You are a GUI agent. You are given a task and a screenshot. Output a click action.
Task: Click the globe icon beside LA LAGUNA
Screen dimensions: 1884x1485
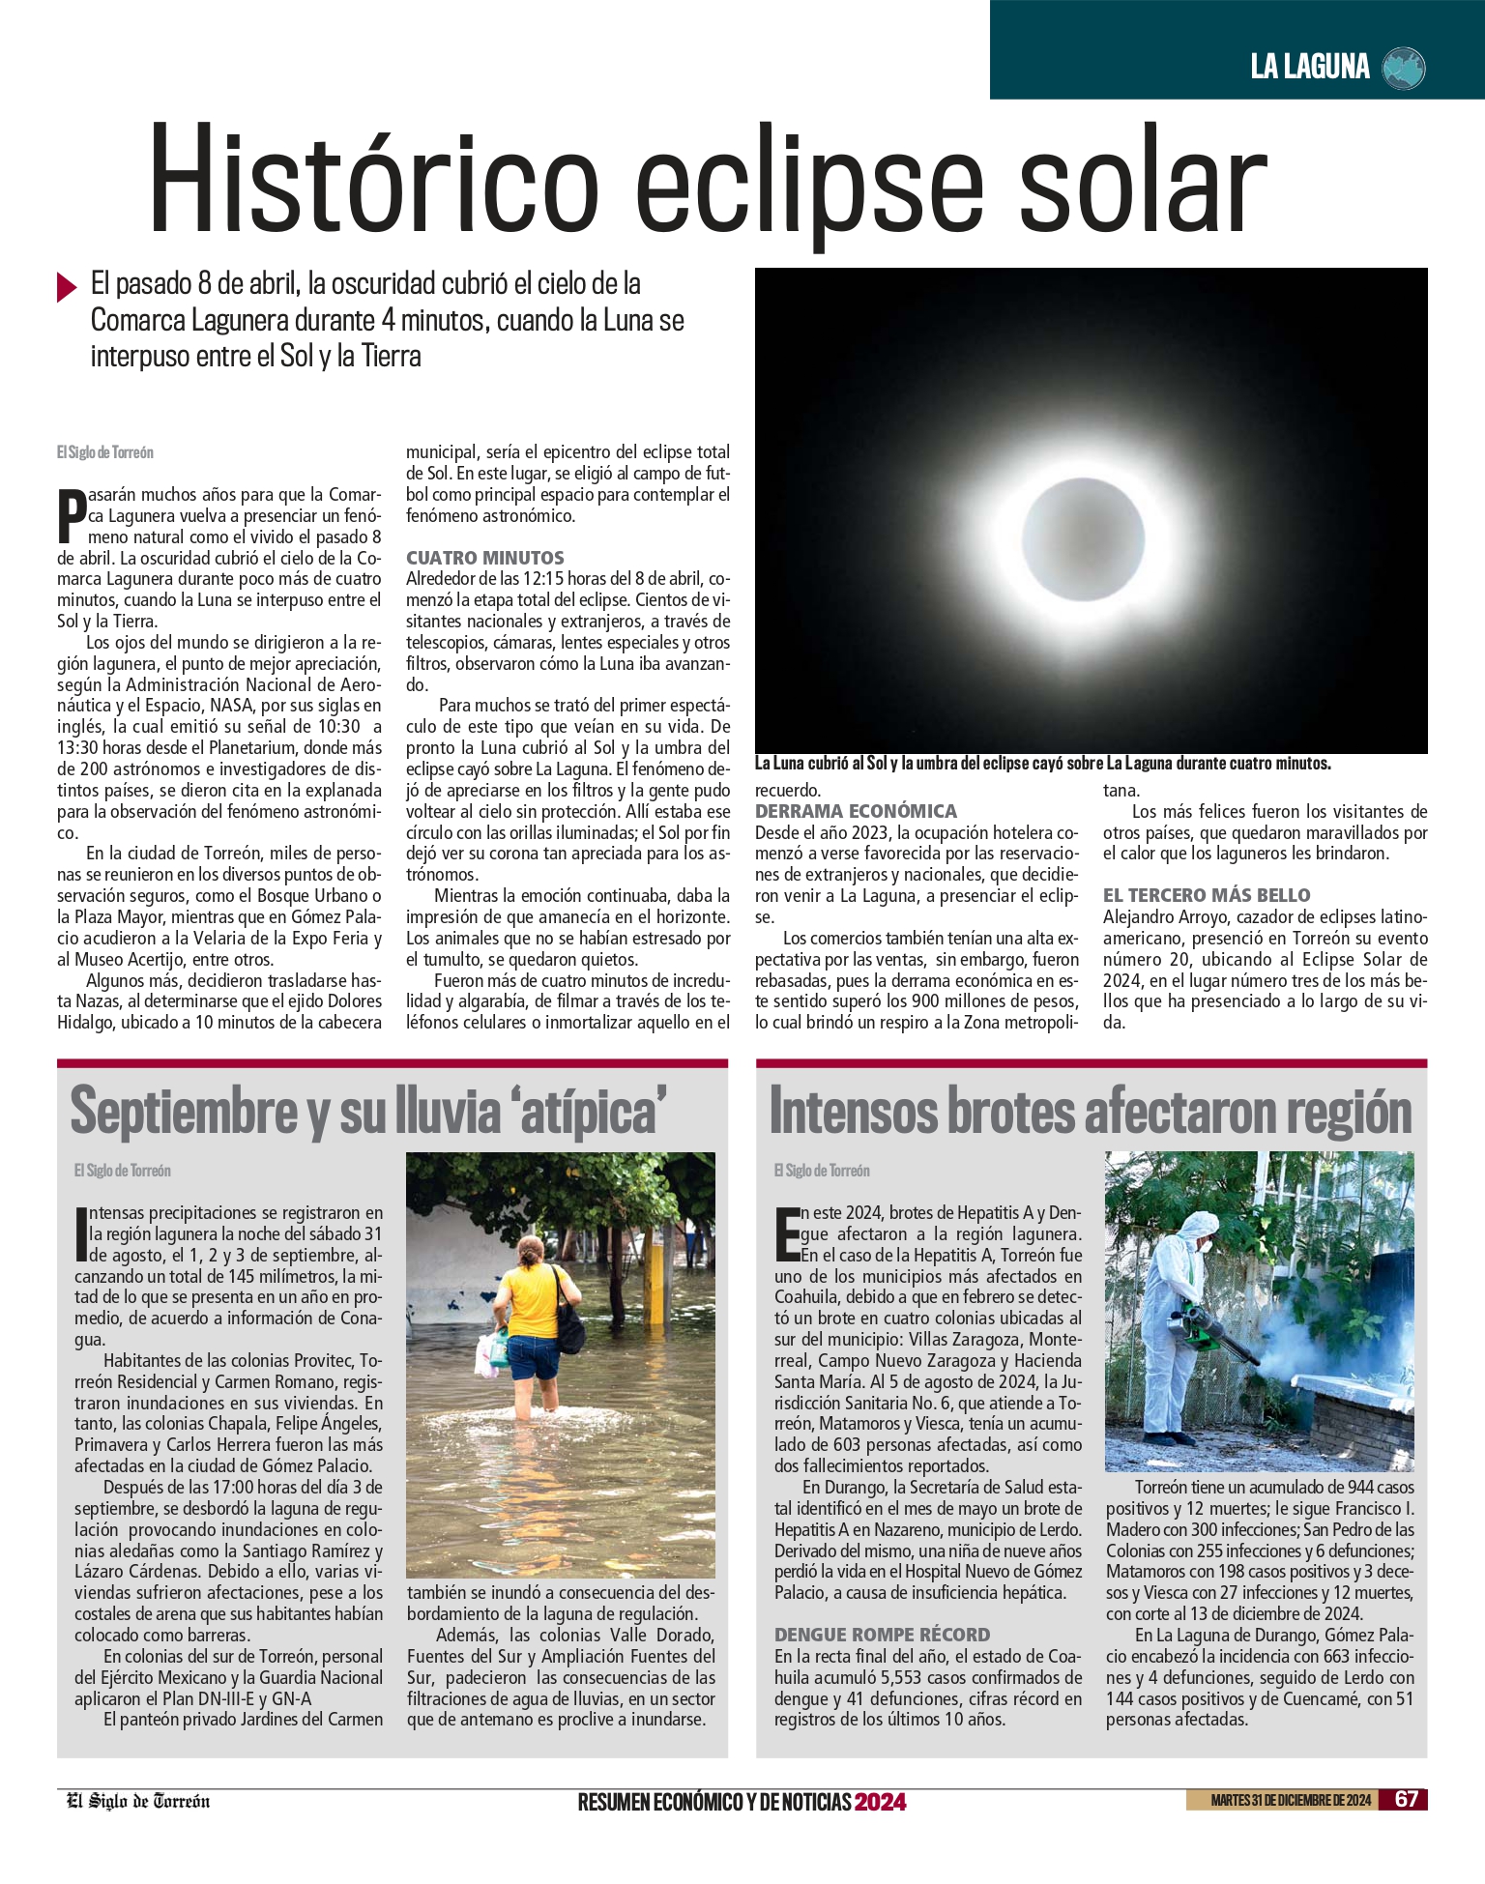point(1404,68)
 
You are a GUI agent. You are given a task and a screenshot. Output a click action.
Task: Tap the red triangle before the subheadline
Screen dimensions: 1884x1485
point(67,287)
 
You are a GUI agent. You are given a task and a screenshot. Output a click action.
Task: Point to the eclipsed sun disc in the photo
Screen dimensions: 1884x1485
point(1083,537)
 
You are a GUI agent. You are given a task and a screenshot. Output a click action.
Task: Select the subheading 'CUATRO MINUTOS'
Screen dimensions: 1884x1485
point(485,558)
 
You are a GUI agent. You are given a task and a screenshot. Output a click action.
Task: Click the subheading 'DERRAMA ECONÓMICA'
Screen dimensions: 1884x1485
point(856,811)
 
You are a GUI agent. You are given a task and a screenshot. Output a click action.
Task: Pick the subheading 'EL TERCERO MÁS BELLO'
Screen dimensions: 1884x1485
point(1207,895)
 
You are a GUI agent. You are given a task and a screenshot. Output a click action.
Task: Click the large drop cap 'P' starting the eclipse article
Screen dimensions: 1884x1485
point(72,516)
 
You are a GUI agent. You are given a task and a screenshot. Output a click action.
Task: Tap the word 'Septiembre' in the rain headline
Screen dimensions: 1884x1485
point(184,1112)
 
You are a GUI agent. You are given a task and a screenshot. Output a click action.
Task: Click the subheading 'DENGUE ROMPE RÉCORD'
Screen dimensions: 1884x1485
point(882,1635)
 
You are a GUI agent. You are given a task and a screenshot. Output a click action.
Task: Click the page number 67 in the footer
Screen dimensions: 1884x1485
point(1406,1799)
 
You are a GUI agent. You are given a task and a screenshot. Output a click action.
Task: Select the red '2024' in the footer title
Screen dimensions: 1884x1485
point(880,1802)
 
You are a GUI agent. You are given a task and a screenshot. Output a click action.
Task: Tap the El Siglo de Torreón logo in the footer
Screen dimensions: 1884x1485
point(138,1801)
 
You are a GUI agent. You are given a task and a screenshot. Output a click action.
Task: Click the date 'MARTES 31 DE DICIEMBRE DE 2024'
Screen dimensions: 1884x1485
point(1290,1800)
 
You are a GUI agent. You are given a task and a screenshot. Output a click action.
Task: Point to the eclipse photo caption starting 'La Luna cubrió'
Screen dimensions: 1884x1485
point(1042,764)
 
